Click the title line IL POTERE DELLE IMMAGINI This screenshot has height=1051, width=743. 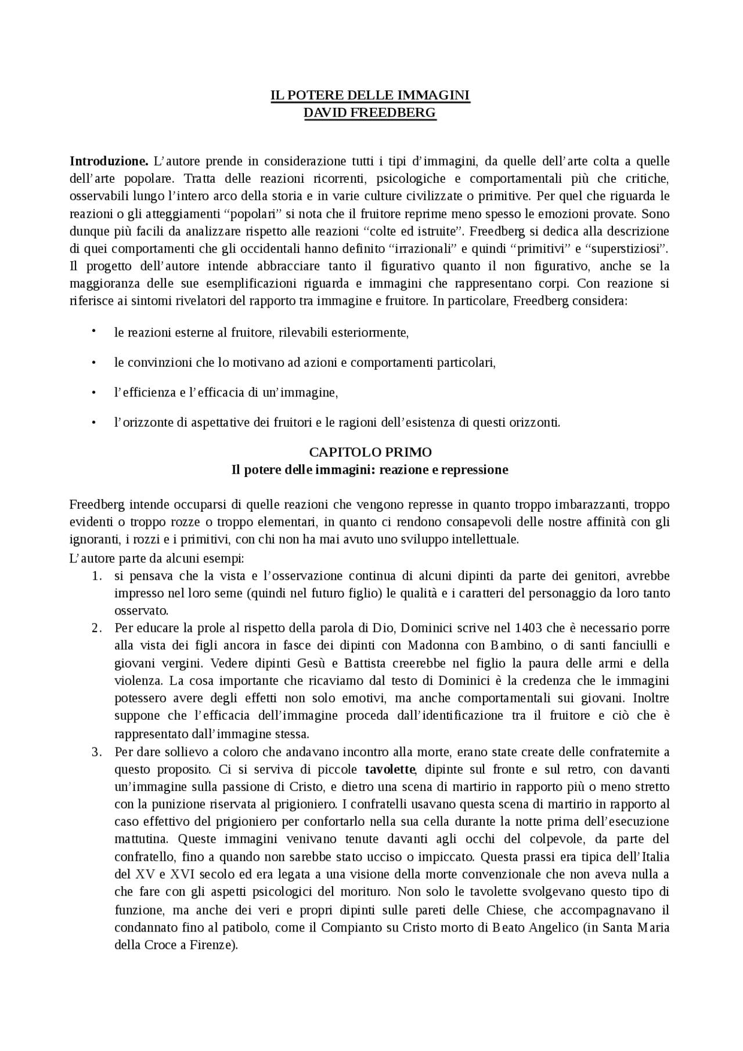[370, 95]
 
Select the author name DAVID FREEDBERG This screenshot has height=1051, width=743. [370, 113]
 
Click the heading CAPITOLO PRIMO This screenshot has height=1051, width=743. [370, 452]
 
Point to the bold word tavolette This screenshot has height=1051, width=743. [390, 770]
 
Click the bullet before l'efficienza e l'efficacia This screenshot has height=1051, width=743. [93, 393]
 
